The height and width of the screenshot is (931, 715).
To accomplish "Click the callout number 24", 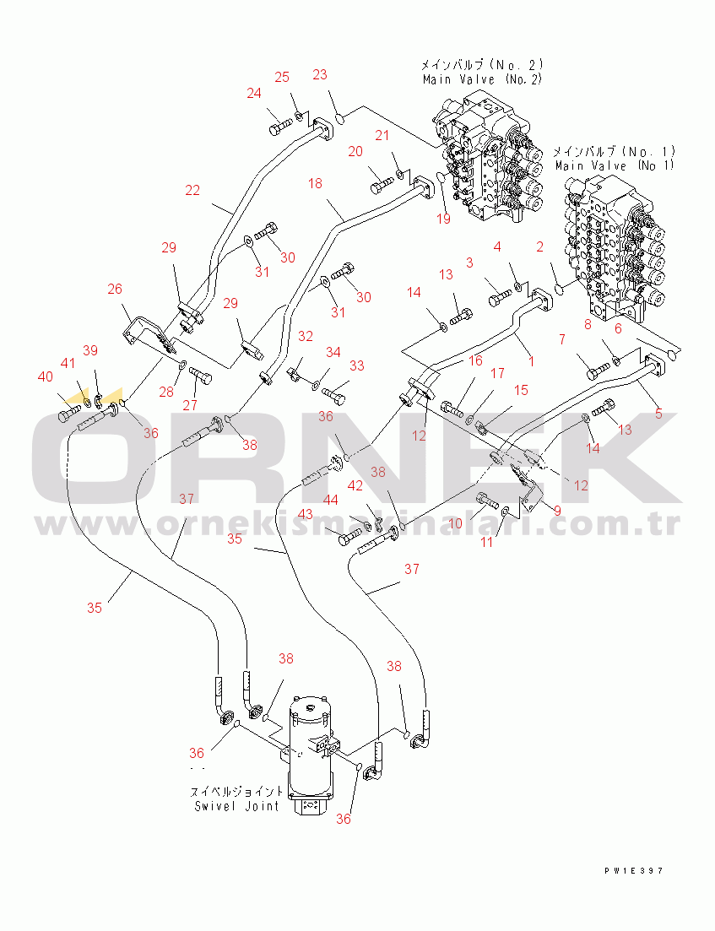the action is point(254,93).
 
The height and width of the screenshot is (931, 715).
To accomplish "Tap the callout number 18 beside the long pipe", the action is point(316,183).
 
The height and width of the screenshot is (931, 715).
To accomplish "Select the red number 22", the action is point(192,191).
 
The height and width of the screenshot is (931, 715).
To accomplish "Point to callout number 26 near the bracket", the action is point(115,290).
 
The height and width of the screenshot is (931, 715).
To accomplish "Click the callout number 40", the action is point(45,377).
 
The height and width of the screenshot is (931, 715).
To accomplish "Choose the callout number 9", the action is point(557,512).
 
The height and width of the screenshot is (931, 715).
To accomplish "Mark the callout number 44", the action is point(330,500).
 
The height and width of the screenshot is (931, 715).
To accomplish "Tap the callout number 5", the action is point(658,414).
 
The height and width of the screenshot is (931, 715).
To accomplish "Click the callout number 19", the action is point(444,219).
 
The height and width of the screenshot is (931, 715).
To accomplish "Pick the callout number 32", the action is point(306,337).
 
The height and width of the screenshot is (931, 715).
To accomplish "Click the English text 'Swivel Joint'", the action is point(236,806).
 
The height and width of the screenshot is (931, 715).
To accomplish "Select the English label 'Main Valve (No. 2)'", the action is point(482,79).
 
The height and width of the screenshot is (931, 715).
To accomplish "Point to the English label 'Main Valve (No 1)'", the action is point(615,166).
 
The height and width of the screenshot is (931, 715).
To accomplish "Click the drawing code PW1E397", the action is point(633,871).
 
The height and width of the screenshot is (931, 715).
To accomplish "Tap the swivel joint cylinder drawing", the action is point(310,754).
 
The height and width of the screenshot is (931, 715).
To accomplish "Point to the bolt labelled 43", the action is point(349,538).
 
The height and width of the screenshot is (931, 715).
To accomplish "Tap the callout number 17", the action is point(498,373).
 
